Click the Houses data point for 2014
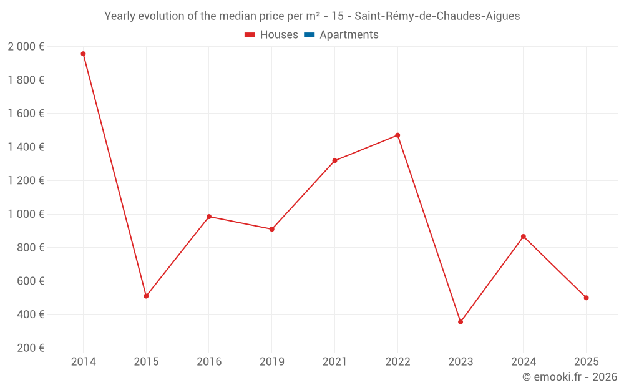coord(83,54)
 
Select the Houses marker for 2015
coord(146,296)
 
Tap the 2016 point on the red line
coord(209,217)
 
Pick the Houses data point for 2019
coord(272,229)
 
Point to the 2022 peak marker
coord(397,135)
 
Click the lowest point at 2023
coord(461,322)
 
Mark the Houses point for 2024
coord(524,236)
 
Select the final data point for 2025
coord(587,298)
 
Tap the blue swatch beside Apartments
coord(309,35)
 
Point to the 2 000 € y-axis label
coord(26,47)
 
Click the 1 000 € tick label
coord(26,214)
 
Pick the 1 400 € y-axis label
coord(26,147)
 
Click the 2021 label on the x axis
coord(334,362)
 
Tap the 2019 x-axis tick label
coord(272,362)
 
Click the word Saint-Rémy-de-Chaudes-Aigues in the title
coord(437,16)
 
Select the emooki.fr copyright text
coord(570,377)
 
